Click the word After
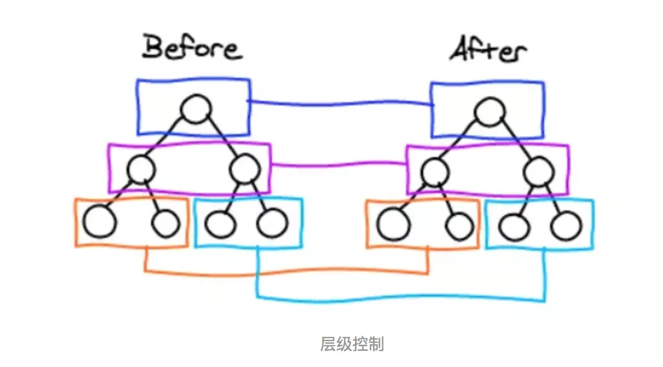(x=487, y=50)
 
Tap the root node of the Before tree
(x=196, y=109)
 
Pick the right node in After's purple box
(x=539, y=171)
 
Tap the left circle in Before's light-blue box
(x=220, y=224)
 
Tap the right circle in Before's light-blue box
(x=272, y=224)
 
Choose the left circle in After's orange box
(x=394, y=225)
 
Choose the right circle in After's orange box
(x=459, y=226)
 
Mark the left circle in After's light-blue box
(x=514, y=226)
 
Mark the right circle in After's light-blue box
(x=566, y=226)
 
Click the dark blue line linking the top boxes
(x=340, y=104)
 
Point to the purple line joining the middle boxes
(x=339, y=165)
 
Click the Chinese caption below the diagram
(x=351, y=345)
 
